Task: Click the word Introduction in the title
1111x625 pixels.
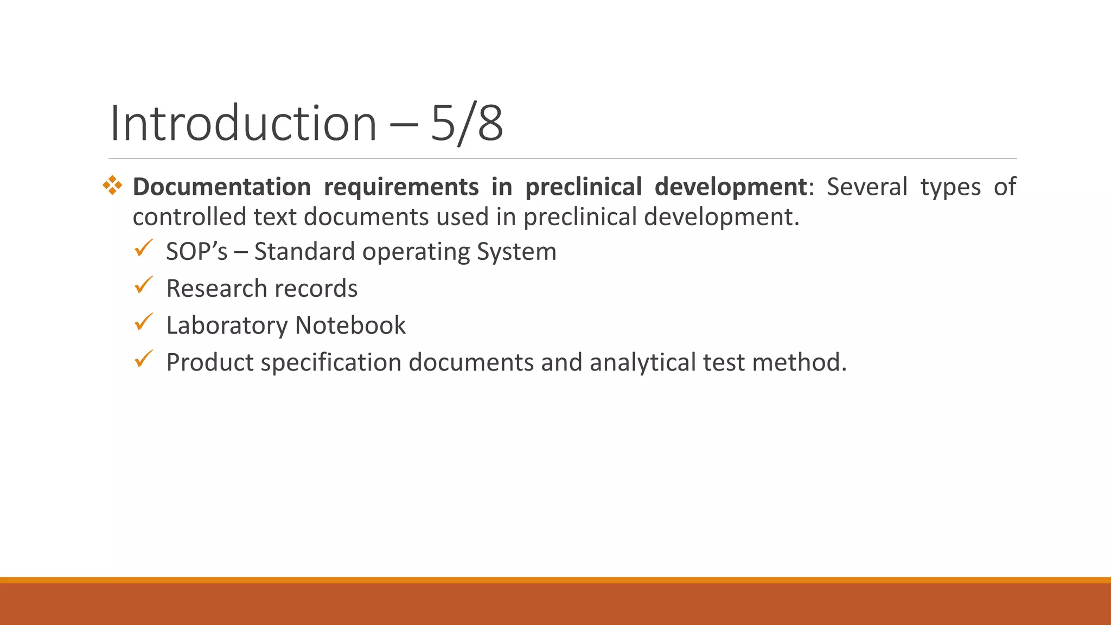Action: [x=243, y=123]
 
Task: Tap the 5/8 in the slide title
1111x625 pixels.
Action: [x=467, y=123]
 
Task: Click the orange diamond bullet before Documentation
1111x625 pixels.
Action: [x=112, y=186]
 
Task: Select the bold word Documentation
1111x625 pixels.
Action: [x=221, y=187]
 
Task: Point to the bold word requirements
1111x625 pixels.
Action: [x=401, y=187]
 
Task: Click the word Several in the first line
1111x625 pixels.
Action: [x=866, y=187]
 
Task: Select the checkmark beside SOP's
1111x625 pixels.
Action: [x=144, y=248]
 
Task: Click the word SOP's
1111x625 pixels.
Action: [x=196, y=251]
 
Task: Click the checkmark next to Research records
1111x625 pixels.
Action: [x=144, y=285]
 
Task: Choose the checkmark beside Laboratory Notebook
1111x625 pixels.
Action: [x=144, y=322]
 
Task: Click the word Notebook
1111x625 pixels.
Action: [x=350, y=325]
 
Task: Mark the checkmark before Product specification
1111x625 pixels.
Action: [x=144, y=359]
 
